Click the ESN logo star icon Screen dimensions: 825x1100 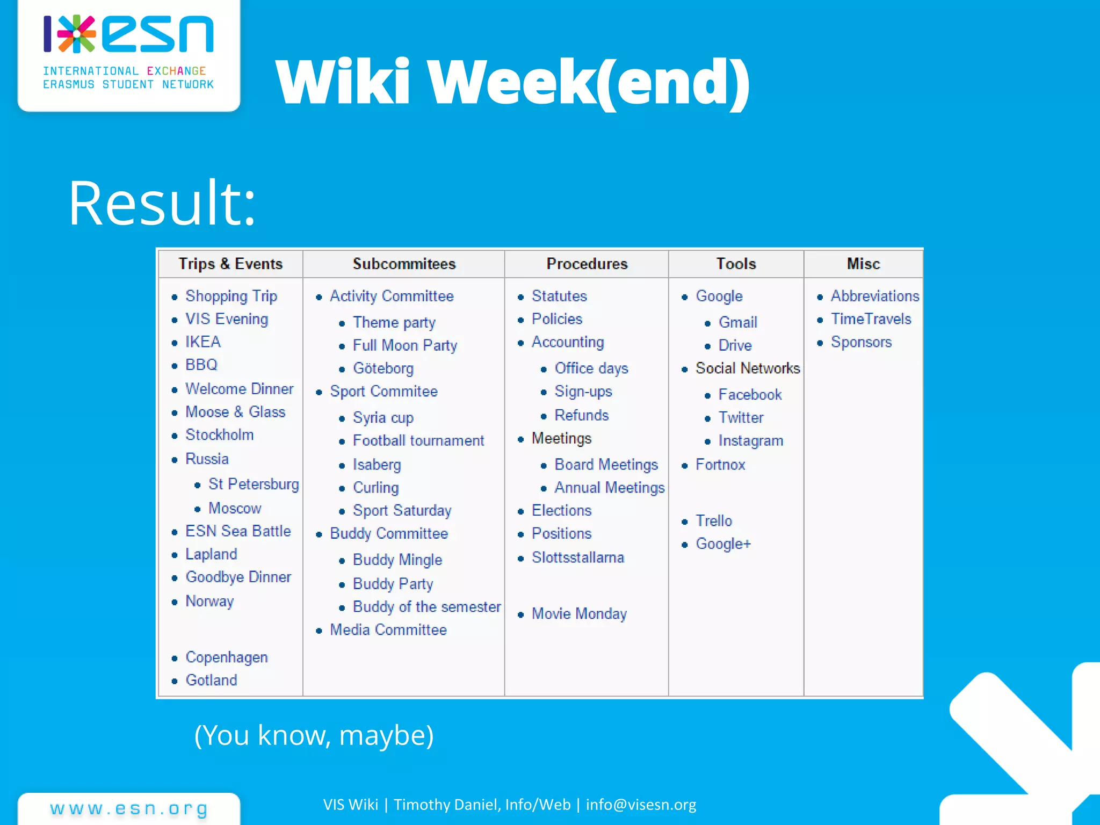(x=77, y=33)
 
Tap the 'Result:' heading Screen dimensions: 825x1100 (x=162, y=203)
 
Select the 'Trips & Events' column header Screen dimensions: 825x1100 (x=230, y=264)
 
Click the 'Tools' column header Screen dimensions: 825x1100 (x=736, y=264)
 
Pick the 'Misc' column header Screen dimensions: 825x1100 (x=863, y=264)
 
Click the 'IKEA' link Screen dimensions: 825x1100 (x=203, y=342)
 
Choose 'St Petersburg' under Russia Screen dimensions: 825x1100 (x=253, y=484)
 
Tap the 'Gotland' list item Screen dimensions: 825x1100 (x=211, y=680)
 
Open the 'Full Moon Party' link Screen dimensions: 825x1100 (x=404, y=345)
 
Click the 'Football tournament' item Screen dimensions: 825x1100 (x=418, y=440)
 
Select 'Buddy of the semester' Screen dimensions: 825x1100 (x=426, y=607)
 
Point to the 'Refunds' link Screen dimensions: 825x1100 (x=581, y=415)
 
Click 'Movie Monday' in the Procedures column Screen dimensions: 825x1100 (x=579, y=613)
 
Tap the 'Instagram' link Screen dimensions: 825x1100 (x=750, y=440)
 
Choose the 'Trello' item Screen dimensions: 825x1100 (x=714, y=520)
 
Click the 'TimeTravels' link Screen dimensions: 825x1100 (x=871, y=319)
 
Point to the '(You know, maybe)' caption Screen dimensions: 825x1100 (x=314, y=735)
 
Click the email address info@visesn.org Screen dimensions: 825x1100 (x=641, y=804)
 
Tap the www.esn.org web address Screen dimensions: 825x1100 (x=129, y=808)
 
